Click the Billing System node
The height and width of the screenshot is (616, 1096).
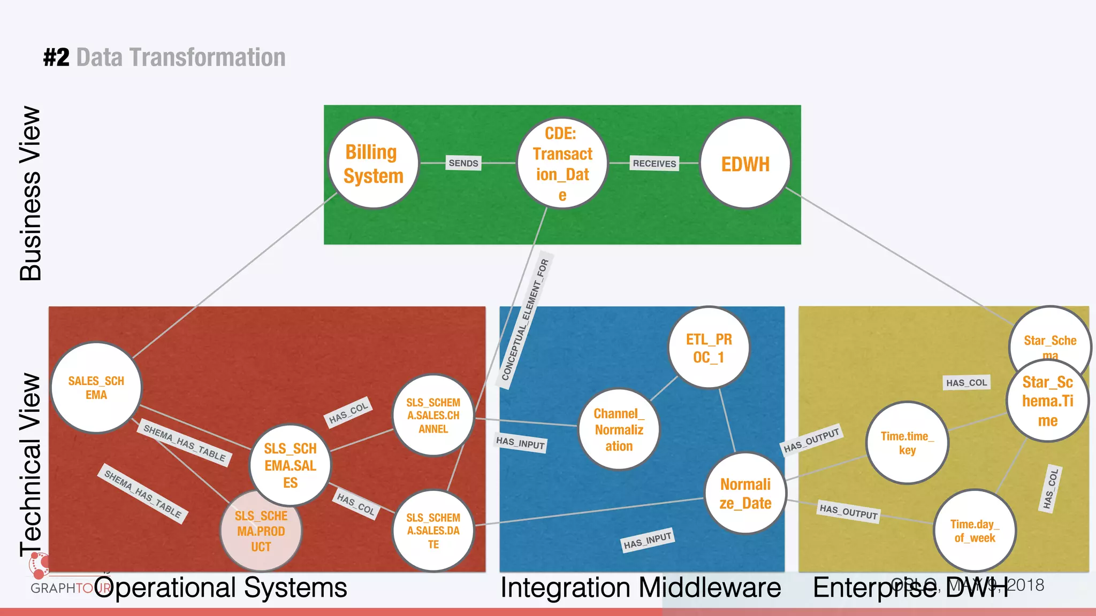pyautogui.click(x=373, y=163)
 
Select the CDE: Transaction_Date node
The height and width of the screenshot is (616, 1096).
pyautogui.click(x=562, y=163)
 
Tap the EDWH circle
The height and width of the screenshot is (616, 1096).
pyautogui.click(x=745, y=163)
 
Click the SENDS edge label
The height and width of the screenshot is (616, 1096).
pyautogui.click(x=463, y=163)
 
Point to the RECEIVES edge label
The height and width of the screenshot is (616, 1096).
pyautogui.click(x=654, y=164)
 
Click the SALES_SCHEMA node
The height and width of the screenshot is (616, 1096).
pyautogui.click(x=96, y=388)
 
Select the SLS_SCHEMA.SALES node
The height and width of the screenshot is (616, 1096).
pyautogui.click(x=290, y=465)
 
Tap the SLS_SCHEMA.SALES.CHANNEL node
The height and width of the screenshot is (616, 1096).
pyautogui.click(x=433, y=415)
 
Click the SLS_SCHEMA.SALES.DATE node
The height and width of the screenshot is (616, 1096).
pyautogui.click(x=433, y=531)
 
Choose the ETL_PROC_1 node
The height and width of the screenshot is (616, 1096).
pyautogui.click(x=709, y=348)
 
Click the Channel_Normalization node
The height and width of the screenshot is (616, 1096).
pyautogui.click(x=619, y=429)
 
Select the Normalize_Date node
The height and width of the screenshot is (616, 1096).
pyautogui.click(x=745, y=493)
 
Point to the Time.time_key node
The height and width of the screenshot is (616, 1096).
pyautogui.click(x=907, y=443)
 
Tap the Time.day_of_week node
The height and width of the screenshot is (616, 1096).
pyautogui.click(x=974, y=530)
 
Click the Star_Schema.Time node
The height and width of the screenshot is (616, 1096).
pyautogui.click(x=1047, y=401)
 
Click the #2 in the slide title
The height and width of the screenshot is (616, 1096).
pyautogui.click(x=56, y=57)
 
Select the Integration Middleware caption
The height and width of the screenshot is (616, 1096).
pyautogui.click(x=640, y=588)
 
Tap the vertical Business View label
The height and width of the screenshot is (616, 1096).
pyautogui.click(x=31, y=194)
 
